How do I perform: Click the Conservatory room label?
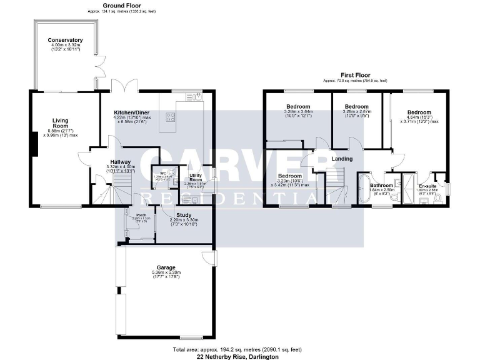point(65,40)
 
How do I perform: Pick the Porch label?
point(141,216)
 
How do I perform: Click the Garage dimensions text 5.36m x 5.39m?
point(166,272)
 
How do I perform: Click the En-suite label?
point(427,186)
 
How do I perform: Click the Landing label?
point(342,159)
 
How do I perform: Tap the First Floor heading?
point(354,74)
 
